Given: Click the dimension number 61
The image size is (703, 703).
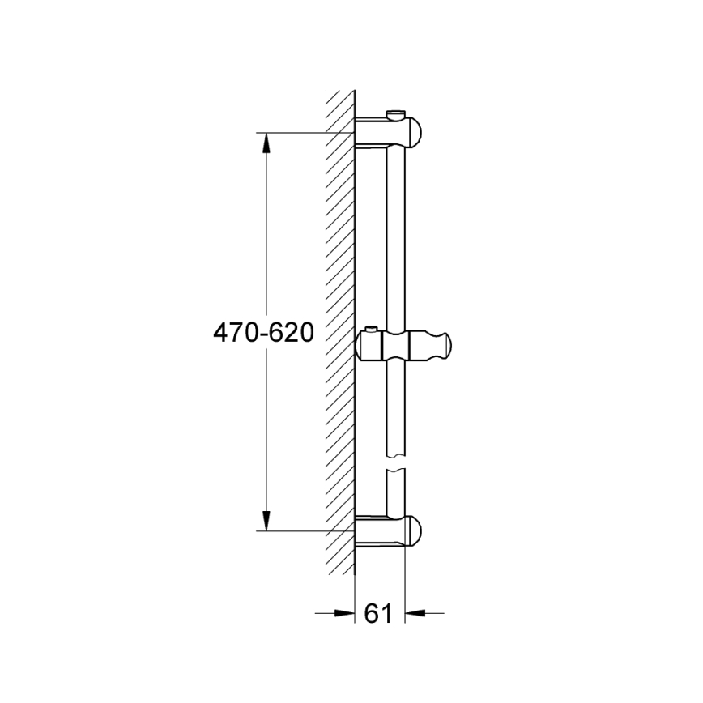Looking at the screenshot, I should (379, 614).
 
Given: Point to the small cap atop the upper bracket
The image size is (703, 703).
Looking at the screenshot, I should (395, 113).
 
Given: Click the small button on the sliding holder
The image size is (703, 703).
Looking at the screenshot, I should (371, 329).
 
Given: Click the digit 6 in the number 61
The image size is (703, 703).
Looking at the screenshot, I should (373, 614).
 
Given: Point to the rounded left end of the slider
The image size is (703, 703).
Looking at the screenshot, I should (361, 346).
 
